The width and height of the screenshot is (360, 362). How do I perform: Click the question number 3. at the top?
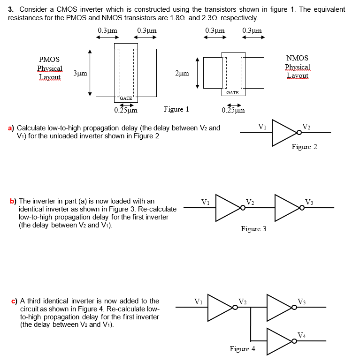pos(11,9)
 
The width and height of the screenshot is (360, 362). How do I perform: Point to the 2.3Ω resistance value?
pos(210,18)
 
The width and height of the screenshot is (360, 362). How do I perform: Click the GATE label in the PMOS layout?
pos(125,98)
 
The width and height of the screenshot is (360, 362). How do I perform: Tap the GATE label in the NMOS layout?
pos(232,92)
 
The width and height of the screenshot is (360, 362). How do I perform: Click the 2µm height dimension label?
pos(182,74)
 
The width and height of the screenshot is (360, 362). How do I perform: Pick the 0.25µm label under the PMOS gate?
pos(125,111)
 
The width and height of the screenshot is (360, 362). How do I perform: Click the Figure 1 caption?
pos(176,109)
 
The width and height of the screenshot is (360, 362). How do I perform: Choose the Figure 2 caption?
pos(304,147)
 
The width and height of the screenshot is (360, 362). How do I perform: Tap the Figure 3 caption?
pos(253,229)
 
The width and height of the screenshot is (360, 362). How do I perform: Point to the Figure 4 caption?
pos(242,349)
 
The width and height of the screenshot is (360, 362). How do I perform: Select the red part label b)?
pos(13,201)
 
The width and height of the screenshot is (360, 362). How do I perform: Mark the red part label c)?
pos(14,301)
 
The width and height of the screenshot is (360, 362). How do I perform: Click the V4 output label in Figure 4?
pos(303,334)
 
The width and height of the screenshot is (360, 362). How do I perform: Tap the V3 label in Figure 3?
pos(309,202)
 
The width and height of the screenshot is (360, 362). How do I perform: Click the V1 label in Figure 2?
pos(263,126)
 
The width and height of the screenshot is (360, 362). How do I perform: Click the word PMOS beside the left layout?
pos(49,59)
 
